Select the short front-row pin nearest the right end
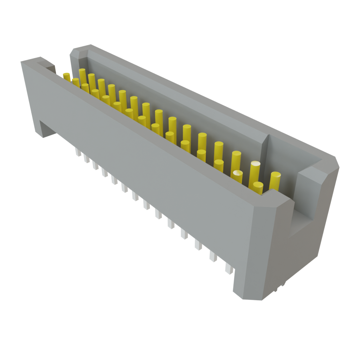(x=258, y=188)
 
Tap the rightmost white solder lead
(x=229, y=269)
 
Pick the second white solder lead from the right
(x=213, y=256)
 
